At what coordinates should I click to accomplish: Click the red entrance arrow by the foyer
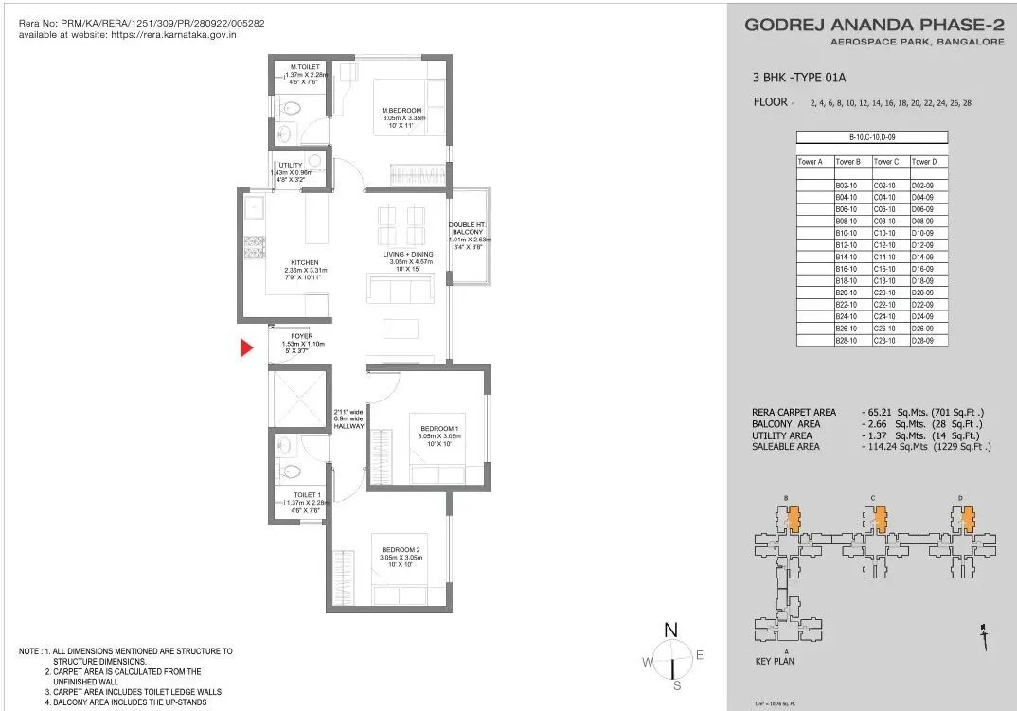(x=247, y=348)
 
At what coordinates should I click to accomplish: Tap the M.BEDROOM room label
(x=401, y=111)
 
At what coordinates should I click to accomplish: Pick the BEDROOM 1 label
(x=439, y=429)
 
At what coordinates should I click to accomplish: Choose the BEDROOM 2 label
(x=400, y=550)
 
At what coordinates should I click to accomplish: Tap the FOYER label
(x=302, y=336)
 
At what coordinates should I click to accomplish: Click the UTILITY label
(x=291, y=166)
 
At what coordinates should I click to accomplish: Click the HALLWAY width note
(x=348, y=419)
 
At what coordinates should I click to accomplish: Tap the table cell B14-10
(x=847, y=257)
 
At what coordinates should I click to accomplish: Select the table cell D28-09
(x=922, y=340)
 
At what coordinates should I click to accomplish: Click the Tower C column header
(x=885, y=162)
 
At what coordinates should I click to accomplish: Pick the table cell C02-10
(x=885, y=186)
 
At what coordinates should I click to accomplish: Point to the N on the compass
(x=670, y=630)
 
